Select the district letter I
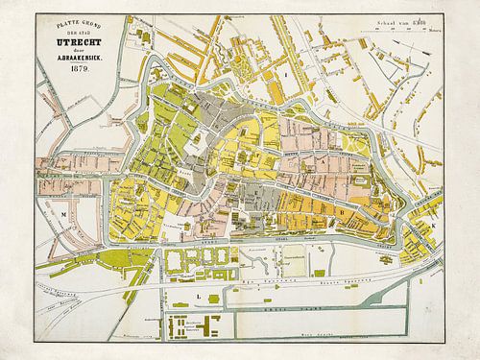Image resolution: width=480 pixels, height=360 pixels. (285, 72)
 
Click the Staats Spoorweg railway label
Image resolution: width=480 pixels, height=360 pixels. (288, 284)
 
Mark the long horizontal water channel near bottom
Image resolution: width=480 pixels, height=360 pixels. (288, 311)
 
